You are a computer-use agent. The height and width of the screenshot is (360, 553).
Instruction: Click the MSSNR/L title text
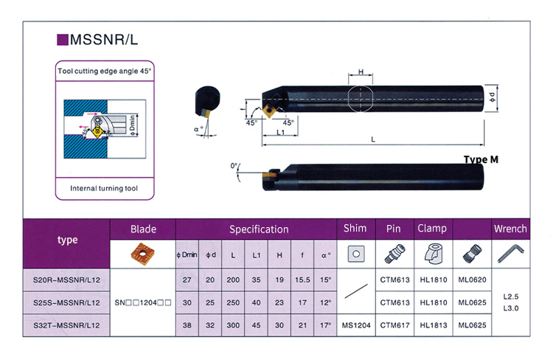[104, 40]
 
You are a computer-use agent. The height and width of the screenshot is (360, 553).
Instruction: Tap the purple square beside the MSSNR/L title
[63, 40]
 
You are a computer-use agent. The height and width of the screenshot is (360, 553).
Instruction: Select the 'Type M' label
[481, 159]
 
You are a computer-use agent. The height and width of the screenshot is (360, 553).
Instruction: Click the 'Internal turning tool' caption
[104, 188]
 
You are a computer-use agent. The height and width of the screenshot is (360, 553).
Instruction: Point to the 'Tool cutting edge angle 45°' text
[105, 71]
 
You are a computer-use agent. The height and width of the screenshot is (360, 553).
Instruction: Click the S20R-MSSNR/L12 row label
[66, 280]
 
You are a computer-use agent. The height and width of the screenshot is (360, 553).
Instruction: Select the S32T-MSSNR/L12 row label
[66, 325]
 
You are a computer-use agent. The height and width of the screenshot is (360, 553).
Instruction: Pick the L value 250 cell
[233, 302]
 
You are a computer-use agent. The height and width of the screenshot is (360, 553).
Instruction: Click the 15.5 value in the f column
[302, 280]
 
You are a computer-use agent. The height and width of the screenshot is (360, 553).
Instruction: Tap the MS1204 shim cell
[356, 325]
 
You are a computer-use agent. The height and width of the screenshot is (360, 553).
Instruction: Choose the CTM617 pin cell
[394, 325]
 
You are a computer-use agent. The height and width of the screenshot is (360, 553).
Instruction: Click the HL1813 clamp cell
[434, 325]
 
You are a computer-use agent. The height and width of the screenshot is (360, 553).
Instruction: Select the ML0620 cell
[472, 280]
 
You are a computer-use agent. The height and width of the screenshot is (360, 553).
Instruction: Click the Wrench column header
[510, 229]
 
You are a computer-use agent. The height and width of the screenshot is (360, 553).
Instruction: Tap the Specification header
[259, 229]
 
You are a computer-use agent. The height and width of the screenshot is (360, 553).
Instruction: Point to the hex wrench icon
[511, 254]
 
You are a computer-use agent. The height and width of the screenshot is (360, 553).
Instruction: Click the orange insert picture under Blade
[143, 254]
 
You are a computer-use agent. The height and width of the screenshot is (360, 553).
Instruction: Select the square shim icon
[356, 254]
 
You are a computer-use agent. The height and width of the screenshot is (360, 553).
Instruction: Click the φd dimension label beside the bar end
[492, 97]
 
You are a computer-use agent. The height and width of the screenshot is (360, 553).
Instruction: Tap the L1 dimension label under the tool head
[280, 132]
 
